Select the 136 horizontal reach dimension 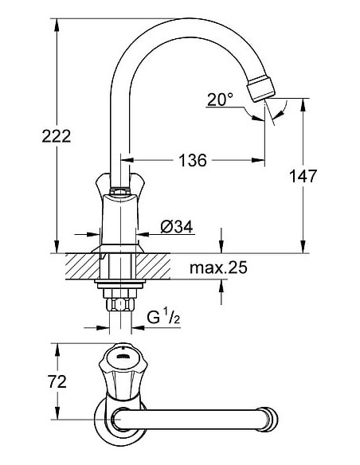(x=192, y=161)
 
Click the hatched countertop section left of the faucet (x=80, y=265)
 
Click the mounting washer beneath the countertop (x=119, y=282)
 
